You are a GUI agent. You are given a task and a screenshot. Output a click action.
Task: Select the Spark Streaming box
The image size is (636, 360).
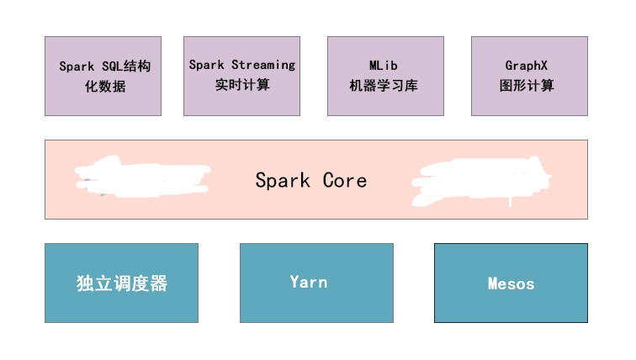pos(241,76)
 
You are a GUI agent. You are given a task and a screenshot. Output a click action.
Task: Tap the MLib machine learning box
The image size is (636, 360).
pos(385,76)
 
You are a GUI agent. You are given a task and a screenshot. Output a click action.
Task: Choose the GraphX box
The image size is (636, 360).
pos(529,76)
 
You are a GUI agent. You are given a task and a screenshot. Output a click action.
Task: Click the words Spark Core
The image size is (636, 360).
pos(310,180)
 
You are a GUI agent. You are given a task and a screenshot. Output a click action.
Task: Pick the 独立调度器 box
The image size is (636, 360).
pos(121,283)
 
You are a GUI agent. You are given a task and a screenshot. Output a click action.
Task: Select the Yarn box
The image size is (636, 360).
pos(316,283)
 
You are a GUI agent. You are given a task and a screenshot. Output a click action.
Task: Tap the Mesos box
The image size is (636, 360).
pos(511,283)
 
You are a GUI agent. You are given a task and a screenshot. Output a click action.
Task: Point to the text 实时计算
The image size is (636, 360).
pos(242,85)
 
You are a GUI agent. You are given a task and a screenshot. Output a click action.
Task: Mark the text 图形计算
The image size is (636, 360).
pos(527,86)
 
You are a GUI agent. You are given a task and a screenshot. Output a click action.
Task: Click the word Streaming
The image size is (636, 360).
pos(263,65)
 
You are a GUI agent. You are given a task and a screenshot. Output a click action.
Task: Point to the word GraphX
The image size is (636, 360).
pos(527,65)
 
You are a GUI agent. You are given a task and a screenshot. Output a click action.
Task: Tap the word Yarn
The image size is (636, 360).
pos(308,282)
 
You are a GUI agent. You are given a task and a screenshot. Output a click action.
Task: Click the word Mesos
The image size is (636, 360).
pos(511,283)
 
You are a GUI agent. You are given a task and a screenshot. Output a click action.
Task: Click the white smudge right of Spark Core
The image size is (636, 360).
pos(480,181)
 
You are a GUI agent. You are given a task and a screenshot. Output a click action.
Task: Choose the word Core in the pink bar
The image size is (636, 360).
pos(345,180)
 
